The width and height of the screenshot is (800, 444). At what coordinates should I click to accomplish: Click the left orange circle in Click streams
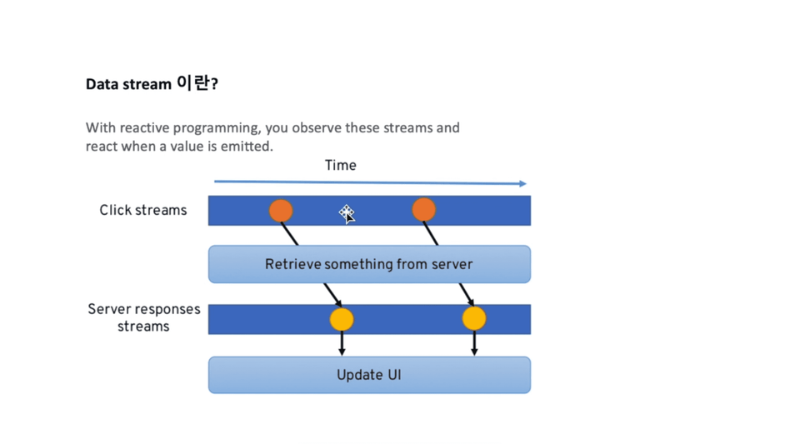pos(281,211)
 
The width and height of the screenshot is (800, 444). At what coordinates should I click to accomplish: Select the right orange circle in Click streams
pos(423,210)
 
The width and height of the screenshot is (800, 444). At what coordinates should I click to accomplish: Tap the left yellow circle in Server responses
pos(342,320)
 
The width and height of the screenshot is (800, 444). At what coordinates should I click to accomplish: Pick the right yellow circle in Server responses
pos(474,318)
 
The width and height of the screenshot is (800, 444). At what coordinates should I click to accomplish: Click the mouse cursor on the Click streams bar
pos(347,214)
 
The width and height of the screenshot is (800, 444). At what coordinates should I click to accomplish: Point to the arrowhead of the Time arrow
pos(523,183)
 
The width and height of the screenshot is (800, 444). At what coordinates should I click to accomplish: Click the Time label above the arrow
pos(340,165)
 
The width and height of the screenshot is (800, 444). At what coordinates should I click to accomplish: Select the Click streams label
pos(143,210)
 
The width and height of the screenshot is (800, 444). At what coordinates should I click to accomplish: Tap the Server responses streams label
pos(144,317)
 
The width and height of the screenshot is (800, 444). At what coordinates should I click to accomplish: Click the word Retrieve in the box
pos(292,264)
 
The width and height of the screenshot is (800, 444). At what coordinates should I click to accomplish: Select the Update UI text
pos(369,375)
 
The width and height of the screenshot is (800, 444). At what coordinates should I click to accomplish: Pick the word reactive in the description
pos(144,127)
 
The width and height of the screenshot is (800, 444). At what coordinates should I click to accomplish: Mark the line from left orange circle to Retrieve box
pos(289,233)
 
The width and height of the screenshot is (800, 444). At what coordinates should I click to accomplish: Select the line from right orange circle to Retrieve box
pos(431,233)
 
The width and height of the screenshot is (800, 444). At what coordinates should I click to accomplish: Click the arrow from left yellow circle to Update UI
pos(342,343)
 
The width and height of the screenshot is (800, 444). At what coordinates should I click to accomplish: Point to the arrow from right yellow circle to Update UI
pos(474,342)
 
